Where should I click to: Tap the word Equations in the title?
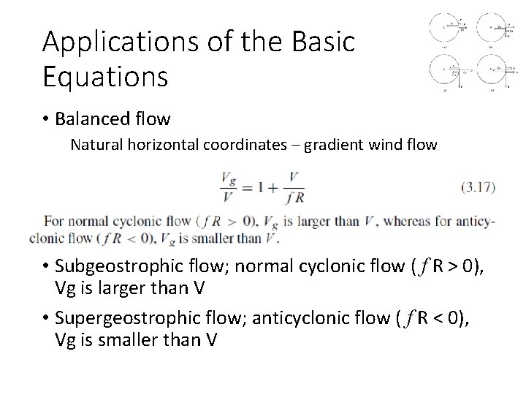pos(105,75)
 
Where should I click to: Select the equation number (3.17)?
pos(479,187)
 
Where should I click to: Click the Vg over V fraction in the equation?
pos(229,187)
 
